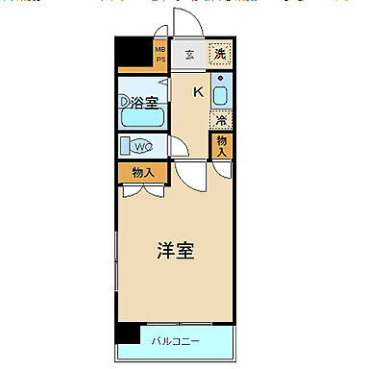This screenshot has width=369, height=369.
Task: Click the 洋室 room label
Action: pos(176,252)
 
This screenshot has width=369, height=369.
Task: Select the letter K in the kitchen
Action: pos(198,92)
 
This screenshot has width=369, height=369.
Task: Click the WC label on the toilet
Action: pos(141,146)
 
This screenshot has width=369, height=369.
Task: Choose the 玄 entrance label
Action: pos(190,54)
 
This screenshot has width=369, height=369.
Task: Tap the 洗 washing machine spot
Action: pos(220,54)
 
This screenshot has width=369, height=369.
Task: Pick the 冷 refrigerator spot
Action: pos(221,121)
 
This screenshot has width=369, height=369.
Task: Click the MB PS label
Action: pos(160,55)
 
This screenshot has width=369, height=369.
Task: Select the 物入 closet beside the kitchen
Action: pos(221,146)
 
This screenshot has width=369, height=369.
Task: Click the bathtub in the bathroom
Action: pos(143,119)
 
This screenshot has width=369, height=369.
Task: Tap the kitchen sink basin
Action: pos(220,96)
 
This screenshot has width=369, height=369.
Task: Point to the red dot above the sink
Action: pos(221,76)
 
